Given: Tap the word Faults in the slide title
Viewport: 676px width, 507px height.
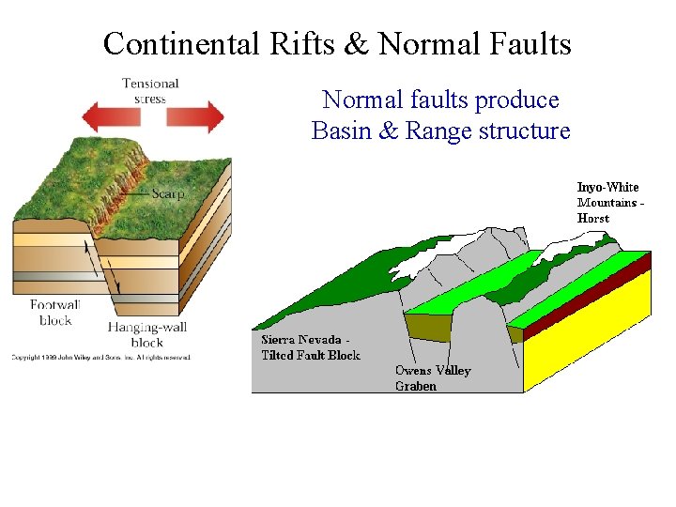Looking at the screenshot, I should tap(530, 44).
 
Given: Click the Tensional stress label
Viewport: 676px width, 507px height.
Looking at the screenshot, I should tap(150, 91).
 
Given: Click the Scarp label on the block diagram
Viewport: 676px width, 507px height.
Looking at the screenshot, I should tap(168, 194).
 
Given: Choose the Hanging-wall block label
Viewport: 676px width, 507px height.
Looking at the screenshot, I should tap(146, 334).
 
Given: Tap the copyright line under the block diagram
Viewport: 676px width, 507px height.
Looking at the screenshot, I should tap(100, 358).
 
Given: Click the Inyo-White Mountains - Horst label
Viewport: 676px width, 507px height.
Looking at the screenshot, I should tap(609, 203).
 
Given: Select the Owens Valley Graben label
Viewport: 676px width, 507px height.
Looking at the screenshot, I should tap(433, 377).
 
